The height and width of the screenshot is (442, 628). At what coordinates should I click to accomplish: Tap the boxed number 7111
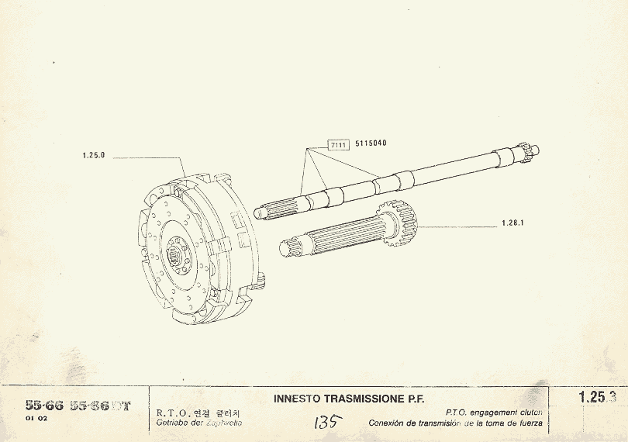tap(337, 145)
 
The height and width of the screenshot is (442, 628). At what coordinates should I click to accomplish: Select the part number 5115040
tap(371, 144)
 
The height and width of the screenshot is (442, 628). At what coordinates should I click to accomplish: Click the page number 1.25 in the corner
tap(592, 398)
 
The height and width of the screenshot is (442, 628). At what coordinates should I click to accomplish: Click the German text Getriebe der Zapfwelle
tap(199, 423)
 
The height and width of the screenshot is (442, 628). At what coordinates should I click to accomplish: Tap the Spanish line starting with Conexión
tap(457, 423)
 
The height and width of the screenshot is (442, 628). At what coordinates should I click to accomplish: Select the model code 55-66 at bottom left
tap(44, 406)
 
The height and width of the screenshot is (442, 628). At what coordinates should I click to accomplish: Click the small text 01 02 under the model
tap(36, 420)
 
